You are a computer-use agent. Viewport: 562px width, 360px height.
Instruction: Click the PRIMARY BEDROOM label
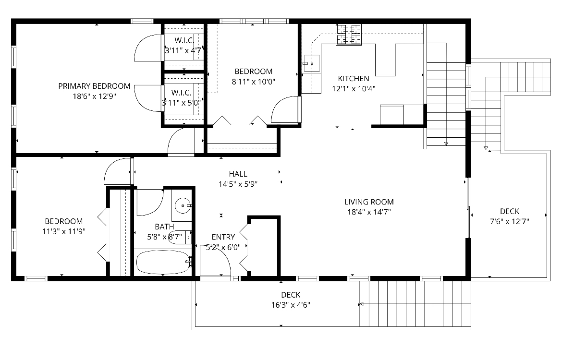[94, 86]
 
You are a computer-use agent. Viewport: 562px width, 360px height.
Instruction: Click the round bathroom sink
[183, 205]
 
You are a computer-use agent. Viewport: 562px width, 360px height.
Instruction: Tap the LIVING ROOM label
[369, 202]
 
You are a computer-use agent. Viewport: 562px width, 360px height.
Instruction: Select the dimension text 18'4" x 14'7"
[369, 212]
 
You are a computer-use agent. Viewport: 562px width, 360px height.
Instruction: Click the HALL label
[238, 174]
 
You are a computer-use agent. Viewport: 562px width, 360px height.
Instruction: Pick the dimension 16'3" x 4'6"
[291, 305]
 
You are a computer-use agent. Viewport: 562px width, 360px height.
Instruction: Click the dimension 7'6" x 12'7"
[509, 221]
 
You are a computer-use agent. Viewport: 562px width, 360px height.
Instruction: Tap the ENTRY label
[223, 237]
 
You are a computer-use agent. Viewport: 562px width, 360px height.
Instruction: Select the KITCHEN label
[354, 79]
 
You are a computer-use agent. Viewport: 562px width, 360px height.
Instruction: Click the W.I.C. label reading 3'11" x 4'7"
[184, 50]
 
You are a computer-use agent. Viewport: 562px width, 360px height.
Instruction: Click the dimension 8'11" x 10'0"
[253, 82]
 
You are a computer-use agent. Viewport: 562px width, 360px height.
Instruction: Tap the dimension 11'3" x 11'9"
[63, 231]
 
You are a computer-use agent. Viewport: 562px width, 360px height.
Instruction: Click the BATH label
[164, 227]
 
